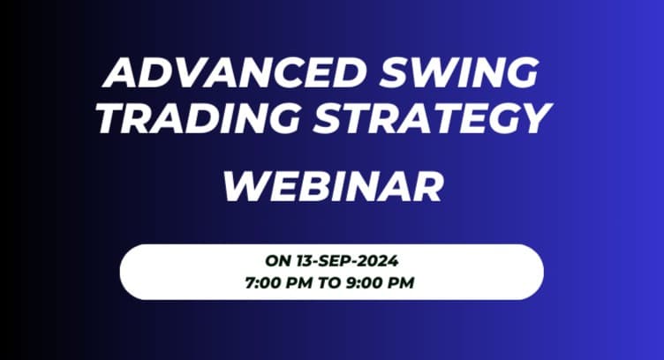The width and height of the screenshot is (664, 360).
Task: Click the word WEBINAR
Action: pos(332,186)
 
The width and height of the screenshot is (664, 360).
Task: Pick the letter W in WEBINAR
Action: pos(242,186)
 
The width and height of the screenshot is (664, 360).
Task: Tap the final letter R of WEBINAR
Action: pos(426,186)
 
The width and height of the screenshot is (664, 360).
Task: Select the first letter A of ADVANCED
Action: pos(120,72)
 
